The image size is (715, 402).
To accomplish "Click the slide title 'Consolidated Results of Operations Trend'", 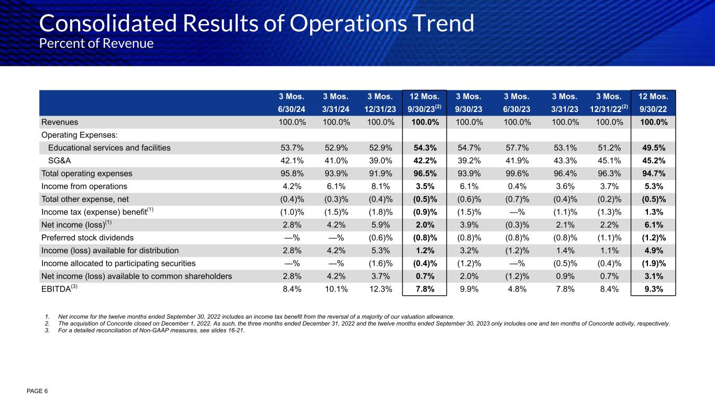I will pyautogui.click(x=257, y=23).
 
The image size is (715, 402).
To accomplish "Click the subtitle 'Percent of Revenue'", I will pyautogui.click(x=96, y=43).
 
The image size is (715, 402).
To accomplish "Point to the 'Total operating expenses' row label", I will pyautogui.click(x=86, y=173).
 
